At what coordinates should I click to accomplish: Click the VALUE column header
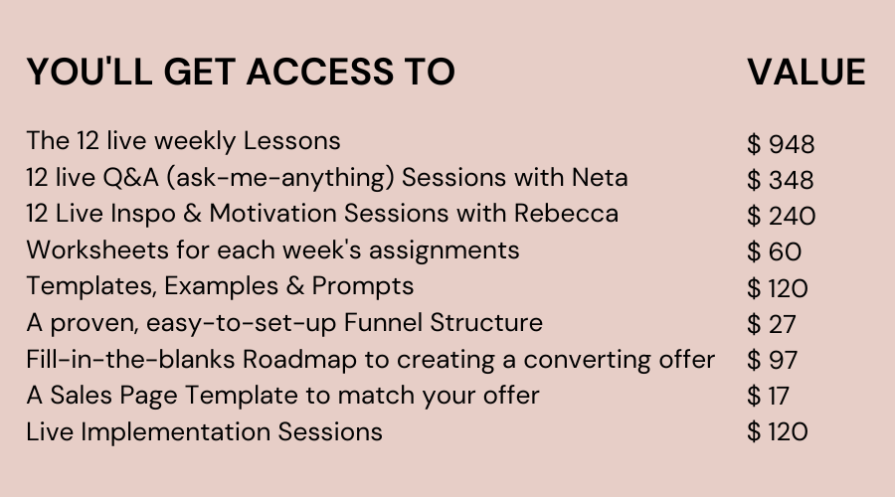tap(805, 72)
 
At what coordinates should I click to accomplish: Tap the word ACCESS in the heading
tap(319, 72)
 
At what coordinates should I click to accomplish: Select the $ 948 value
tap(781, 144)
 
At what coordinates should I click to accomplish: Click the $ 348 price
tap(781, 180)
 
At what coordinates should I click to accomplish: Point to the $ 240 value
tap(782, 216)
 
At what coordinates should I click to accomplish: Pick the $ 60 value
tap(774, 251)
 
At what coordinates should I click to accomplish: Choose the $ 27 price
tap(771, 324)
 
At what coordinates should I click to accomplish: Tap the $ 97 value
tap(773, 360)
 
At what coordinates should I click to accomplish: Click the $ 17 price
tap(769, 396)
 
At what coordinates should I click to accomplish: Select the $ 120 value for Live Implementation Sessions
tap(778, 432)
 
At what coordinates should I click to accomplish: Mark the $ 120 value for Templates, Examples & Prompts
tap(778, 288)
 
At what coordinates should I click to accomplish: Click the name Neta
tap(600, 178)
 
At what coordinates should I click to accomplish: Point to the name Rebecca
tap(566, 214)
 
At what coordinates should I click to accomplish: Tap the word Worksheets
tap(97, 249)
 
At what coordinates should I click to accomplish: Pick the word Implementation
tap(175, 432)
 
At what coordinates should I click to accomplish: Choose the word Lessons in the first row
tap(291, 141)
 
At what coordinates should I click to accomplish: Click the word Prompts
tap(362, 286)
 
